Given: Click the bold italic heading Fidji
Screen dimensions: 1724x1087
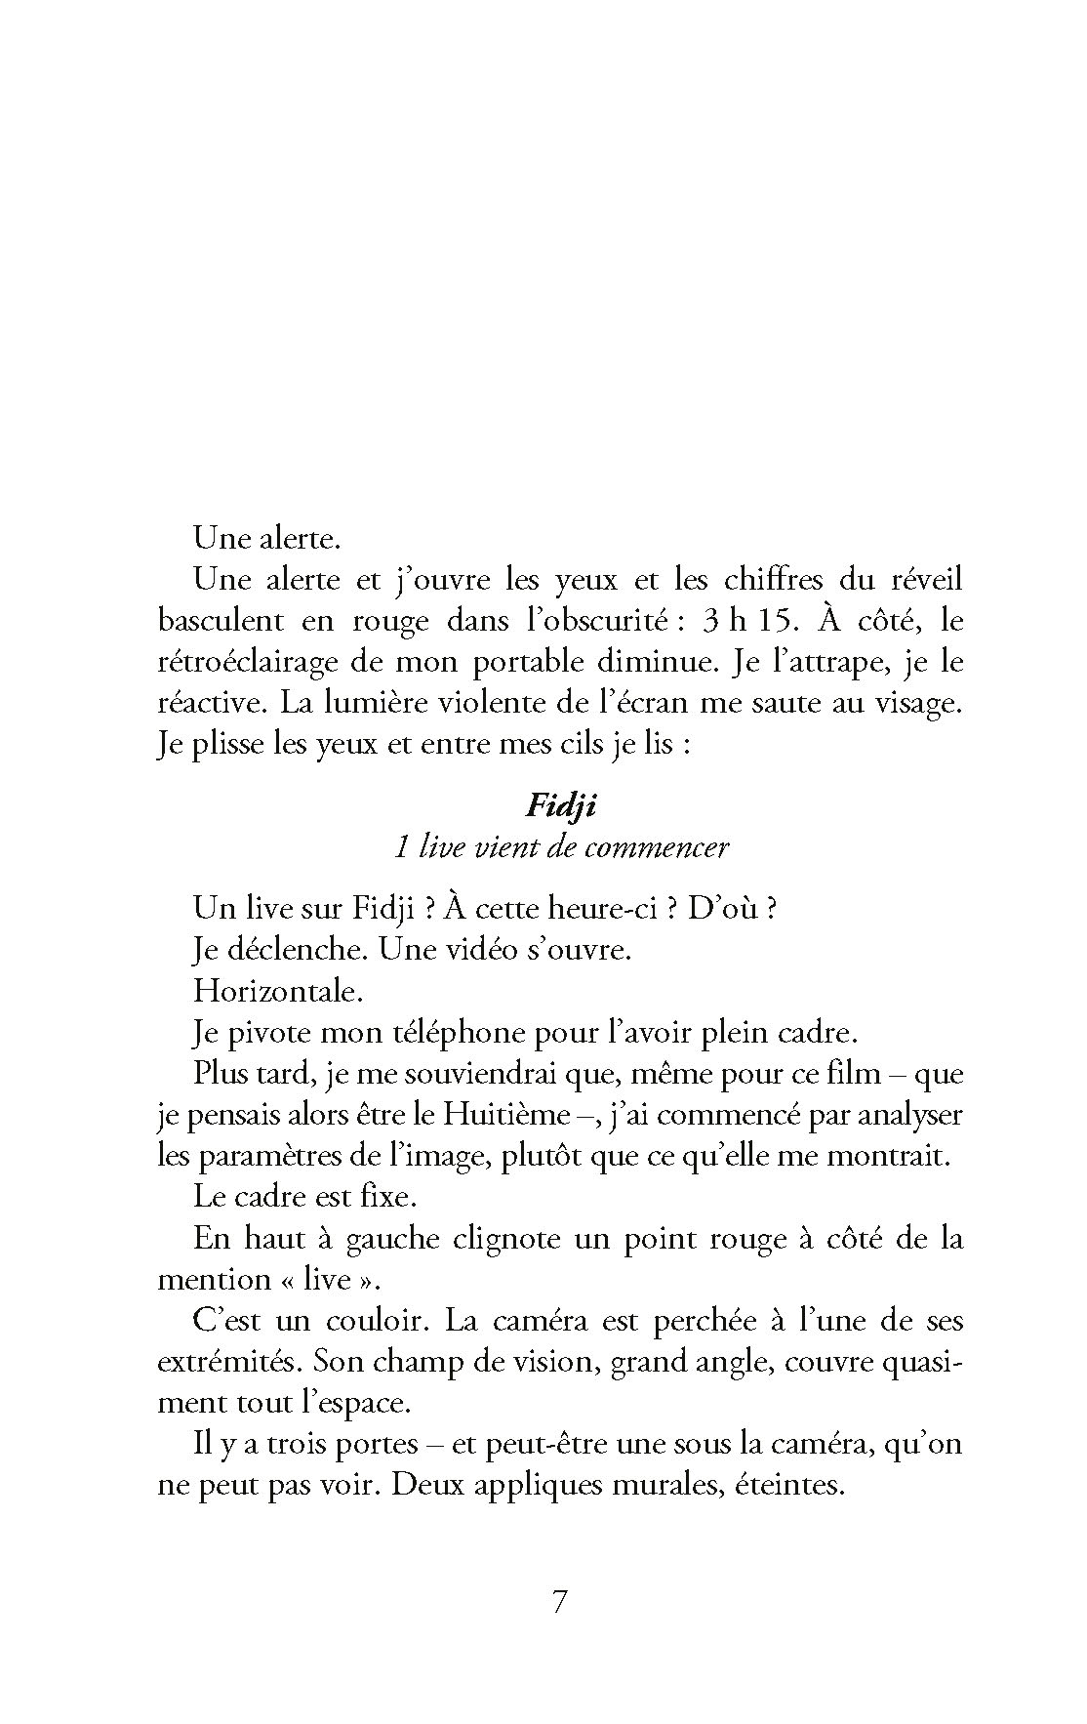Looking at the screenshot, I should pos(561,806).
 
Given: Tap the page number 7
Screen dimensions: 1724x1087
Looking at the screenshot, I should pos(559,1603).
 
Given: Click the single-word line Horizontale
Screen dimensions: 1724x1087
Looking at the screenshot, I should pos(278,991).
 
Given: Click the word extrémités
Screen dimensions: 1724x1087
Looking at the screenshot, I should pos(228,1362).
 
